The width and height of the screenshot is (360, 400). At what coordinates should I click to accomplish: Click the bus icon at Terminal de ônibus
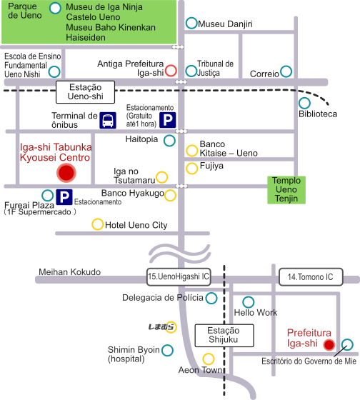click(x=108, y=120)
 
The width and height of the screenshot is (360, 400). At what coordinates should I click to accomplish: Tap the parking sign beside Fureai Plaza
click(x=64, y=197)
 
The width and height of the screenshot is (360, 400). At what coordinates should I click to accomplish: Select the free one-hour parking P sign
click(x=168, y=120)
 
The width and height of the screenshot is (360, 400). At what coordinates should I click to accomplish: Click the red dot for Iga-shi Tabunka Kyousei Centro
click(x=66, y=173)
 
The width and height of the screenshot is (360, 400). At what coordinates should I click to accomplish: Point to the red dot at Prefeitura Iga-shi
click(x=329, y=344)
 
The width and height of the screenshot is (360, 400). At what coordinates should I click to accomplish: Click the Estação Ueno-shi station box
click(x=85, y=92)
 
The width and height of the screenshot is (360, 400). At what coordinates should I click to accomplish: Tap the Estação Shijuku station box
click(x=224, y=336)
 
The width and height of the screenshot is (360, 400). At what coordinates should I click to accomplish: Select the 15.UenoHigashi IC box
click(x=179, y=277)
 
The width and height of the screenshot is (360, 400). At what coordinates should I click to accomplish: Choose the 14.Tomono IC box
click(x=311, y=277)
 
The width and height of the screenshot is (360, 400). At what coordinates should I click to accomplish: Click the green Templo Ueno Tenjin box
click(x=286, y=190)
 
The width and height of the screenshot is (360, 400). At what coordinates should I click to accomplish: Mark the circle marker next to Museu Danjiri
click(x=191, y=23)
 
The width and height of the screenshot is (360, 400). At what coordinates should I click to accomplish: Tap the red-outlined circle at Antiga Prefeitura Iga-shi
click(x=171, y=71)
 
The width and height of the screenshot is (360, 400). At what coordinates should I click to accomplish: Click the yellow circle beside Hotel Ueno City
click(x=97, y=224)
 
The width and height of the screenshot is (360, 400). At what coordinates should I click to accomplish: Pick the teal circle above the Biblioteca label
click(x=304, y=104)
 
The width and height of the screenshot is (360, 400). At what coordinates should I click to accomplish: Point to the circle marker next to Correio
click(x=286, y=71)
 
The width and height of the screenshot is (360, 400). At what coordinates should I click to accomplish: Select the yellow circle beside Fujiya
click(x=192, y=169)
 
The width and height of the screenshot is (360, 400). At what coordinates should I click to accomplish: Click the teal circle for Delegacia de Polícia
click(x=211, y=298)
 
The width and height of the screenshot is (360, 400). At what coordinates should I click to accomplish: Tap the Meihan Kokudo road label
click(x=70, y=272)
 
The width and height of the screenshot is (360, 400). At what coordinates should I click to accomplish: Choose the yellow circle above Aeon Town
click(x=209, y=359)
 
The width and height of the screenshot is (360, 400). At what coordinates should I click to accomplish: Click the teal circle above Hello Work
click(x=249, y=302)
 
